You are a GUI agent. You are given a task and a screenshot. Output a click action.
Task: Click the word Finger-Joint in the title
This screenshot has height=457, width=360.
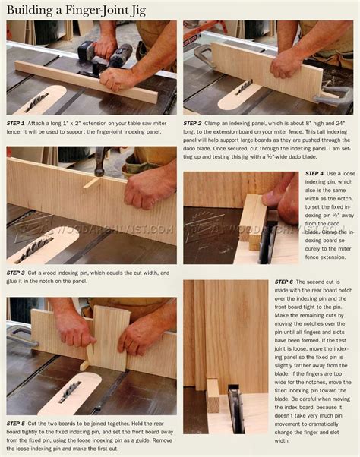click(x=93, y=9)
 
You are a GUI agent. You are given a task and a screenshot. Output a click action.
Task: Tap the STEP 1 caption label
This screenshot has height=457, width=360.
click(x=17, y=122)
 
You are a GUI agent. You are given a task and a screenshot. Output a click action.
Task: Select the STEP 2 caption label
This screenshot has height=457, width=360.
click(x=194, y=122)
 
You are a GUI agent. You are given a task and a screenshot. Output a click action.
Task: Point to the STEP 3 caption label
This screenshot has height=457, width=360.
click(x=17, y=273)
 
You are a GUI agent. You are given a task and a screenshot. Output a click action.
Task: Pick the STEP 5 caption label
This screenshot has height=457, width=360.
click(x=17, y=423)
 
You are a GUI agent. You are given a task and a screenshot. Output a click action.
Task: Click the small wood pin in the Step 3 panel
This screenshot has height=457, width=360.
click(x=92, y=183)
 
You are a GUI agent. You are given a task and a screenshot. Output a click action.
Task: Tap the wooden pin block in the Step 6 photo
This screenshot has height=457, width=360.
click(x=213, y=396)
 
